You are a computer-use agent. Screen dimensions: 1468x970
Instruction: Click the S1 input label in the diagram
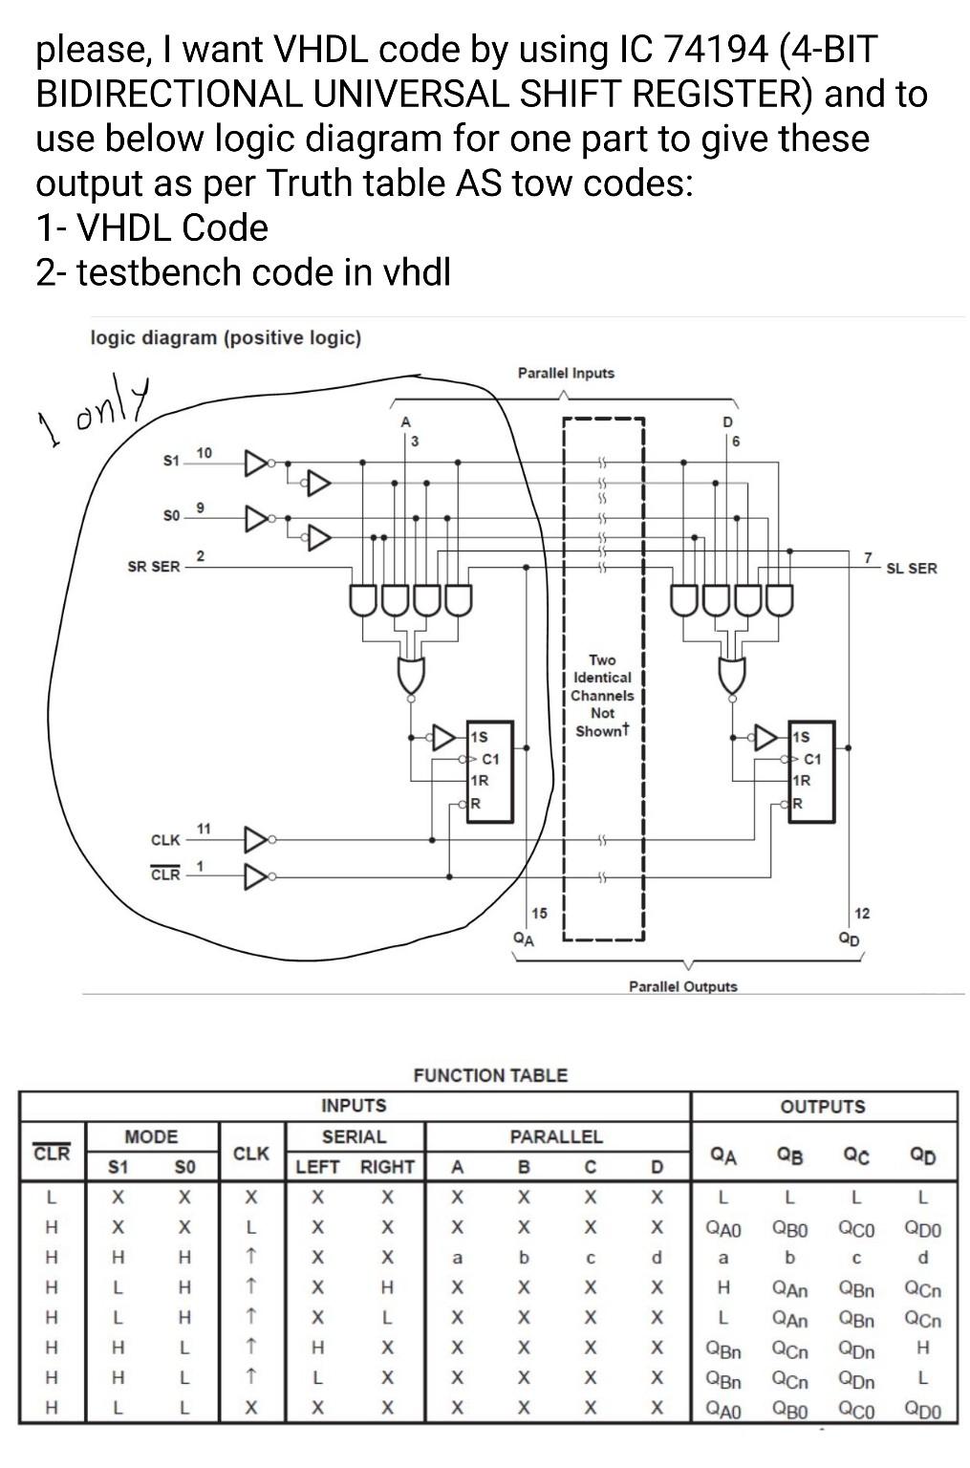[170, 461]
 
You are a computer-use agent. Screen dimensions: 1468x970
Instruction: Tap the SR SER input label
[153, 567]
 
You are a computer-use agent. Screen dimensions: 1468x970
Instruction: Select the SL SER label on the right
[911, 569]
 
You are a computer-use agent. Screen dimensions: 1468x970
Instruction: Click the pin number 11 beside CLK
[204, 828]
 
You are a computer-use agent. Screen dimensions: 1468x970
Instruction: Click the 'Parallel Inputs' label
[566, 373]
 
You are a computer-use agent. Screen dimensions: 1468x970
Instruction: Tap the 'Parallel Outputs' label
[682, 986]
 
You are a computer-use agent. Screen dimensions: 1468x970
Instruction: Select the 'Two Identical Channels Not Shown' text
[602, 696]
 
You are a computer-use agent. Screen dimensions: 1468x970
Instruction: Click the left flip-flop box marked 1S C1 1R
[490, 772]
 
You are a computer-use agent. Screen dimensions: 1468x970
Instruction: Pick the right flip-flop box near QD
[811, 772]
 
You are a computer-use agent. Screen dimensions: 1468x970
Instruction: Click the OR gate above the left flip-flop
[411, 676]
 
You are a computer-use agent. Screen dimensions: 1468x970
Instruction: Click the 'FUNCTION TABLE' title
[490, 1075]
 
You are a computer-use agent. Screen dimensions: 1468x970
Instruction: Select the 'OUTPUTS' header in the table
[823, 1107]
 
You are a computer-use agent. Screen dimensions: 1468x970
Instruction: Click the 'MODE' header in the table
[151, 1136]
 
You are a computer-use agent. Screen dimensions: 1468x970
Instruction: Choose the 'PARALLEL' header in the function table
[556, 1136]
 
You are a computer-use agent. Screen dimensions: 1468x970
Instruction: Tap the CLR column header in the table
[52, 1153]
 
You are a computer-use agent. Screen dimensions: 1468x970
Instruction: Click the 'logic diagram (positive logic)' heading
[226, 337]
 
